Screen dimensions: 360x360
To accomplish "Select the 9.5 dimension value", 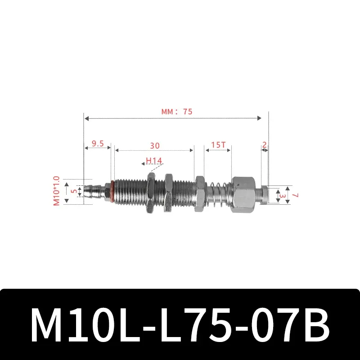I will [98, 144].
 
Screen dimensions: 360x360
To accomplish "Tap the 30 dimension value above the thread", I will [154, 146].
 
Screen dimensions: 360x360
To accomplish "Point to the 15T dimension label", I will [218, 146].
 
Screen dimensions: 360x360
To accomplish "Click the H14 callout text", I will [154, 161].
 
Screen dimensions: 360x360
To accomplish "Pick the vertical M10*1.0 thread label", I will [57, 191].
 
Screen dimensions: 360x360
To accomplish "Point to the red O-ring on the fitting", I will [108, 192].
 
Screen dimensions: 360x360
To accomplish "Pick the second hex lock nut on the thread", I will [169, 193].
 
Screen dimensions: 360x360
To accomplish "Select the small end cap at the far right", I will [265, 194].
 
